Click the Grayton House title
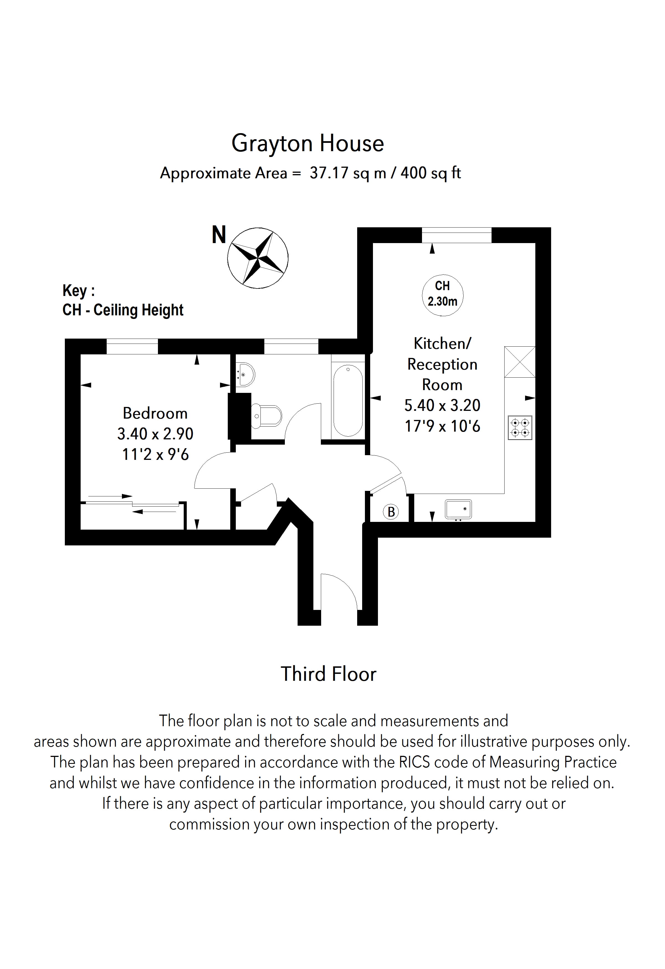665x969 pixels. [308, 143]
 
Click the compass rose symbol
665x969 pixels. [257, 258]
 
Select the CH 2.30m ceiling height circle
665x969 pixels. [442, 294]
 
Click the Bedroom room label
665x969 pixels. [155, 413]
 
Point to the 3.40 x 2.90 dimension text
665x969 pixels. [155, 434]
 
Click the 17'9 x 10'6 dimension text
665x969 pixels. [442, 426]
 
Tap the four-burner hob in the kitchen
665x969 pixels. [520, 428]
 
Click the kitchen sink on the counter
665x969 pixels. [458, 509]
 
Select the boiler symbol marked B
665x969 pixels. [391, 512]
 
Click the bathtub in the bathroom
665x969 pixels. [348, 400]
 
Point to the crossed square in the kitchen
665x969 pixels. [520, 362]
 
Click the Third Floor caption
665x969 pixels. [328, 674]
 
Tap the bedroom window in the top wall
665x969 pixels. [132, 347]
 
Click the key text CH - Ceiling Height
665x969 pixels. [123, 310]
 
